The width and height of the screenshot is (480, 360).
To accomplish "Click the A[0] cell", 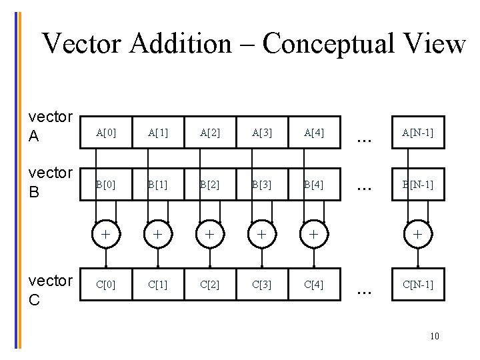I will tap(105, 133).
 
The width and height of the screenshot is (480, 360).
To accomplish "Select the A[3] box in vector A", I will tap(262, 133).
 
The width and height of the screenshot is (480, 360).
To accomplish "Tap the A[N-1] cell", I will tap(417, 133).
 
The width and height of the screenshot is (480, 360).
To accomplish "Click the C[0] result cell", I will tap(105, 285).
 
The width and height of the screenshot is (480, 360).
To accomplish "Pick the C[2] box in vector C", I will tap(210, 285).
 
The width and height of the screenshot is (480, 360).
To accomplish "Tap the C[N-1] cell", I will tap(417, 285).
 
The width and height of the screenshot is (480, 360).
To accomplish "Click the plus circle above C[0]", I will tap(105, 235).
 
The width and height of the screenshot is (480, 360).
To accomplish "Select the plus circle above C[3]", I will tap(262, 235).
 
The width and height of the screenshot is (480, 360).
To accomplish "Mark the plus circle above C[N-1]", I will tap(417, 235).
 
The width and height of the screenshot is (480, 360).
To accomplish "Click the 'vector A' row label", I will tap(50, 126).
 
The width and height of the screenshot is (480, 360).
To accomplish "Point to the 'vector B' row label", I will tap(50, 182).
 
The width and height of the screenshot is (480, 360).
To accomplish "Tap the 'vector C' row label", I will tap(50, 290).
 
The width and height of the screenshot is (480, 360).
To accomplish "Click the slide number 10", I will tap(435, 336).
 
